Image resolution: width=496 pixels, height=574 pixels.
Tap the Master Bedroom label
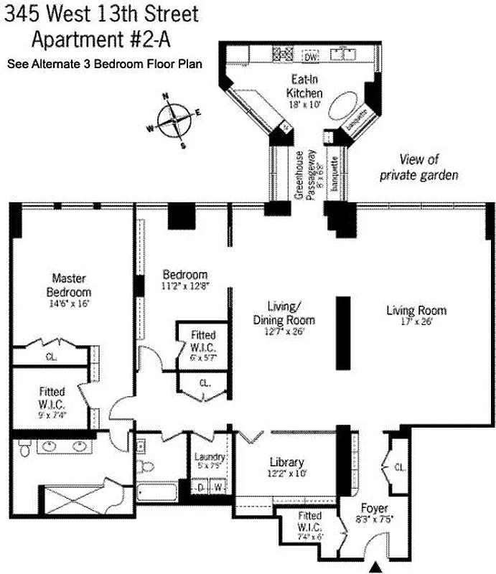(x=69, y=286)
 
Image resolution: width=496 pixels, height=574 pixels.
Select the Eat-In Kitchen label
(x=304, y=87)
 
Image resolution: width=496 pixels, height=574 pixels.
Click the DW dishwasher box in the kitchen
(x=310, y=57)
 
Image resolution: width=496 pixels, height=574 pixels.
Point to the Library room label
(x=286, y=462)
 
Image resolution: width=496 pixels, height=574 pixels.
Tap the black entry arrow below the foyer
(x=374, y=568)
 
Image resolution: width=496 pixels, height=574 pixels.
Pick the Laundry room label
(x=210, y=457)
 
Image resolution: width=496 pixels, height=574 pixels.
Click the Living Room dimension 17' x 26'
(x=416, y=323)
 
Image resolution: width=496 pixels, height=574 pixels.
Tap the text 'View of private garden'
(x=419, y=166)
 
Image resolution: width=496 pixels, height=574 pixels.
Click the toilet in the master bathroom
(x=23, y=448)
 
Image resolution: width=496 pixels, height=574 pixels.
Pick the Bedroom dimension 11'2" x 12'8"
(x=184, y=287)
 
